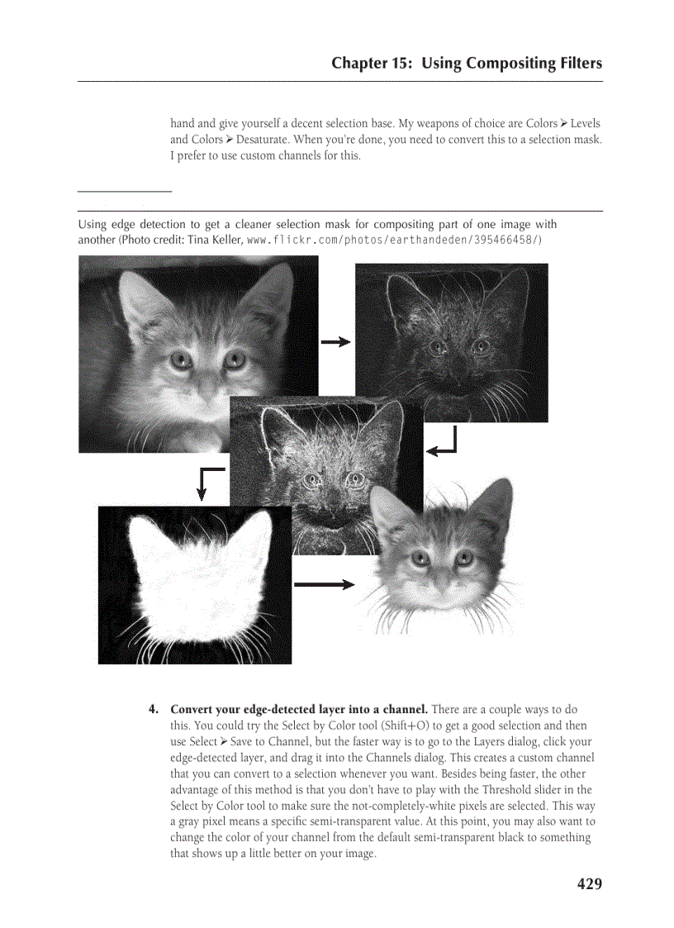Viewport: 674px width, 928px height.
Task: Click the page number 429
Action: click(589, 884)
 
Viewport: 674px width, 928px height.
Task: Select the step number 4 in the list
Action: click(153, 710)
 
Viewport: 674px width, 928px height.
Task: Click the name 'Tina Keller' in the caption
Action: click(215, 240)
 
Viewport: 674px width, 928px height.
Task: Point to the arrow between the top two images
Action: click(335, 342)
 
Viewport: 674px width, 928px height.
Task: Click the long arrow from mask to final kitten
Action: click(324, 584)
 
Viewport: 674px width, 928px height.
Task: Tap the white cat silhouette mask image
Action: click(195, 585)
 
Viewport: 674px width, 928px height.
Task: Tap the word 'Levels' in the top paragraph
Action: click(585, 124)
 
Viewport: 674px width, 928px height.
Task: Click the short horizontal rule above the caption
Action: click(125, 192)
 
